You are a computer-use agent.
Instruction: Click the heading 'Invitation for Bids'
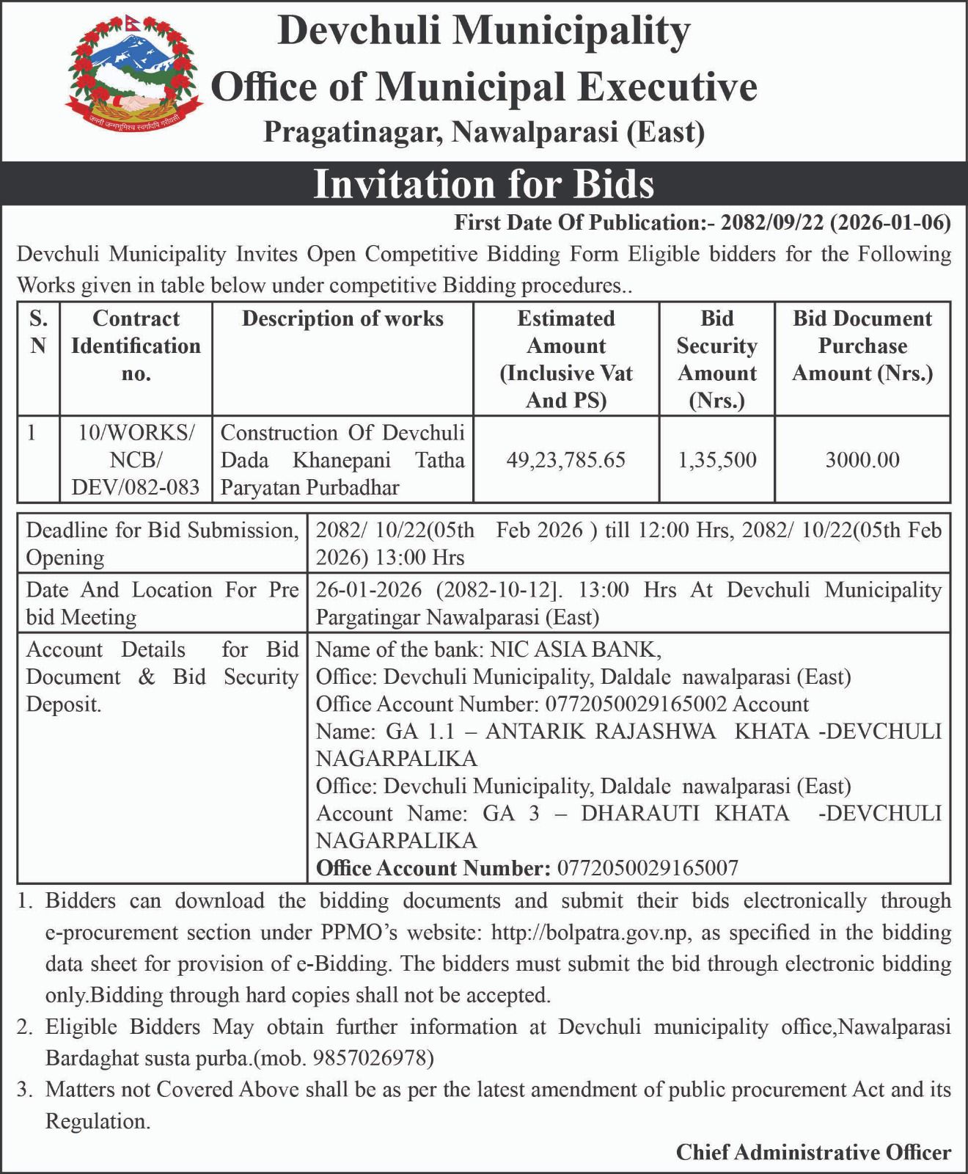coord(483,183)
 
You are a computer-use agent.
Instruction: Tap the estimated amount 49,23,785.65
coord(565,460)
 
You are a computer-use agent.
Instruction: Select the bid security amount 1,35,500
coord(716,460)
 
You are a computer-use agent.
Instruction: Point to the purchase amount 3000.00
coord(862,460)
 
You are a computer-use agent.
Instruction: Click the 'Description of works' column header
coord(342,318)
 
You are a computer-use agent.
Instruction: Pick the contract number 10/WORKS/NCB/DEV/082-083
coord(136,460)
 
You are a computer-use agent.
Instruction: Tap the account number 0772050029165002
coord(636,704)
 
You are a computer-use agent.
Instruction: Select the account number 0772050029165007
coord(648,868)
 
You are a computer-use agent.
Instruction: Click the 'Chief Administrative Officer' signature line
coord(813,1152)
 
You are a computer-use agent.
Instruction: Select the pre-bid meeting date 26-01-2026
coord(369,590)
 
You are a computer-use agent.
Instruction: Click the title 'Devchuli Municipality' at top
coord(484,32)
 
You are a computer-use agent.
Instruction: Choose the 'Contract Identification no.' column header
coord(136,346)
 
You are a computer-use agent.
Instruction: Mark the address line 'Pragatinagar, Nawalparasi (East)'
coord(484,132)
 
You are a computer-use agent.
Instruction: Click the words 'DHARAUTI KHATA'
coord(686,813)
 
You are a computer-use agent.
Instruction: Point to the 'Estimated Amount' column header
coord(565,359)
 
